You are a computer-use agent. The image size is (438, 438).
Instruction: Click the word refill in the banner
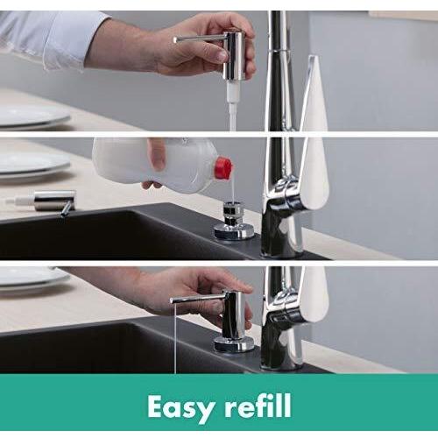[258, 406]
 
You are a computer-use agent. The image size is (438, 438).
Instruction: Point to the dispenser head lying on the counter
[44, 201]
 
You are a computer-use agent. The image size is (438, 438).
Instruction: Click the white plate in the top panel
[33, 117]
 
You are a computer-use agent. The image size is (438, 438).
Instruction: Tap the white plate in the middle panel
[33, 164]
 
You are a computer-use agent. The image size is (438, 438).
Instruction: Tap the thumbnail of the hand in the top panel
[221, 56]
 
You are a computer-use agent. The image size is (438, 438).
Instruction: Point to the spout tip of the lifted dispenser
[175, 40]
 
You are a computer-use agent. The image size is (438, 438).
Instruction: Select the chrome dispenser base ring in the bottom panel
[234, 343]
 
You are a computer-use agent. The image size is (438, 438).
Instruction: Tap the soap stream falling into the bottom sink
[175, 338]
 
